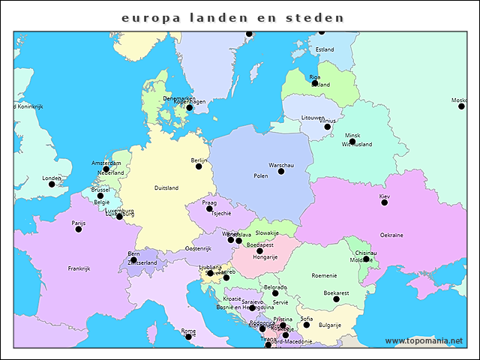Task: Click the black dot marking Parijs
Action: tap(79, 229)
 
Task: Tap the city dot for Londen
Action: tap(52, 184)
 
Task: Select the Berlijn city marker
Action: tap(199, 166)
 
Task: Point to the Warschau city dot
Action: tap(281, 171)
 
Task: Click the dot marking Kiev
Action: tap(385, 202)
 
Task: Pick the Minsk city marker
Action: tap(352, 141)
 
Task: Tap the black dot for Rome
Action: tap(188, 337)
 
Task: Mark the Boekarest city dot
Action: tap(336, 298)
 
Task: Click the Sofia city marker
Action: tap(306, 325)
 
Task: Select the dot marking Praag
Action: tap(209, 208)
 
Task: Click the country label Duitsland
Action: tap(166, 187)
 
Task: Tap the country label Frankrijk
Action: tap(79, 268)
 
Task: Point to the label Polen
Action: tap(261, 176)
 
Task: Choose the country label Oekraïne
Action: tap(391, 235)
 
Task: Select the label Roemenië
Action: tap(324, 275)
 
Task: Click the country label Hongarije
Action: tap(265, 256)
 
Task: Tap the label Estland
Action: tap(325, 49)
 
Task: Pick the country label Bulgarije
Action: tap(330, 325)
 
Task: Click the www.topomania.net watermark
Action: tap(424, 341)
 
